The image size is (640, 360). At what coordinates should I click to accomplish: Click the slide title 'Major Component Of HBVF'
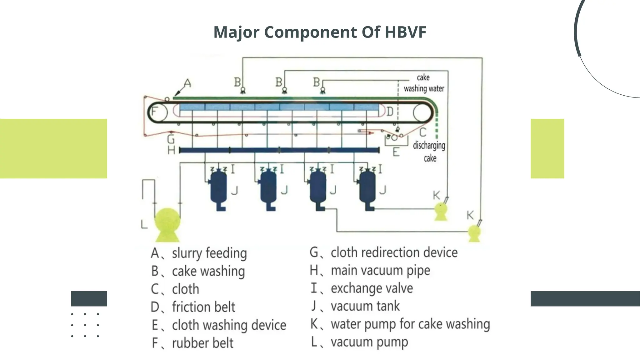pyautogui.click(x=320, y=32)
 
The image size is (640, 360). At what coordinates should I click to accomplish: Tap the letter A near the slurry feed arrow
pyautogui.click(x=187, y=83)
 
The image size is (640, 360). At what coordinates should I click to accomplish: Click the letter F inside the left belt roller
pyautogui.click(x=154, y=112)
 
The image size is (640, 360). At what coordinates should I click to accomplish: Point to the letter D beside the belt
pyautogui.click(x=390, y=112)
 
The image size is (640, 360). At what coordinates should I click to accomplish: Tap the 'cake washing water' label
pyautogui.click(x=423, y=83)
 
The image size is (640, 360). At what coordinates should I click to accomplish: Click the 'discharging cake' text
pyautogui.click(x=429, y=152)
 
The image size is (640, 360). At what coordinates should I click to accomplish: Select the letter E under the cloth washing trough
pyautogui.click(x=396, y=152)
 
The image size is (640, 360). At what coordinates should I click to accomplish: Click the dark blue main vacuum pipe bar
pyautogui.click(x=279, y=150)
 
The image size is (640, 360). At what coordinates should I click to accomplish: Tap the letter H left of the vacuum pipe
pyautogui.click(x=171, y=150)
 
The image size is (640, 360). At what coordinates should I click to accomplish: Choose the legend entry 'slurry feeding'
pyautogui.click(x=209, y=253)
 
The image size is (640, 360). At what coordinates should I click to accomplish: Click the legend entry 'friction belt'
pyautogui.click(x=203, y=307)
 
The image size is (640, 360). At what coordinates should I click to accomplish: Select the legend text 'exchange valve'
pyautogui.click(x=372, y=288)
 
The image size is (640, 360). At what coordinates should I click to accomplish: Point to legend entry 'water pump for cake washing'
pyautogui.click(x=410, y=324)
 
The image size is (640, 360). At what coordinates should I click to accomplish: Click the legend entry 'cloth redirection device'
pyautogui.click(x=394, y=252)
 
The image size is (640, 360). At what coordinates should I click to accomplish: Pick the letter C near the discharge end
pyautogui.click(x=422, y=132)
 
